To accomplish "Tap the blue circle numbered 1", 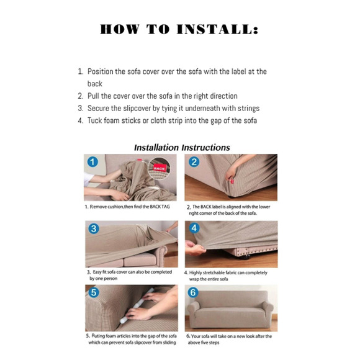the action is click(x=92, y=162).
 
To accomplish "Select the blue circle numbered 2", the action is click(x=194, y=162).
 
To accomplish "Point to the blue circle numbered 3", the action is click(x=94, y=228).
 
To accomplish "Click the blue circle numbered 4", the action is click(x=194, y=228).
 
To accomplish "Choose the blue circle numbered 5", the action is click(x=94, y=292).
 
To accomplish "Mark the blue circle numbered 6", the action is click(x=193, y=292).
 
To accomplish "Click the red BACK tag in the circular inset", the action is click(x=160, y=168).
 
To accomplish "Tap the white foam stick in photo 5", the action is click(x=137, y=306).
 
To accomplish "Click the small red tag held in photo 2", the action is click(x=232, y=182).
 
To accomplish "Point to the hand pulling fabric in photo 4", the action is click(x=195, y=248).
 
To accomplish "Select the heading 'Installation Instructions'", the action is click(x=182, y=148).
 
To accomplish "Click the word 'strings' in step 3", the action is click(x=249, y=109).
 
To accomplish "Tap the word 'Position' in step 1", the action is click(x=101, y=71).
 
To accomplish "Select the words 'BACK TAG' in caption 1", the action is click(x=160, y=207).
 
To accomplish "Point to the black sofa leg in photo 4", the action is click(x=245, y=256).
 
